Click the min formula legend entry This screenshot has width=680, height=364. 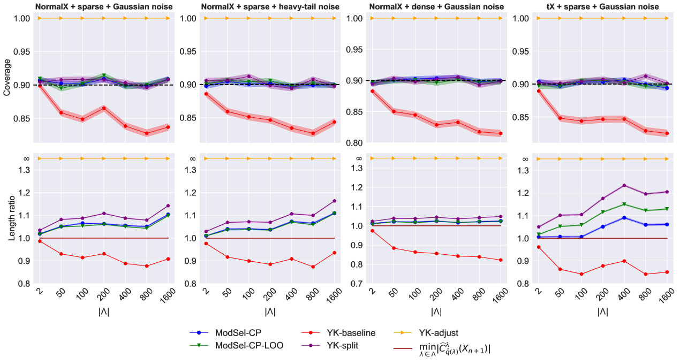click(455, 349)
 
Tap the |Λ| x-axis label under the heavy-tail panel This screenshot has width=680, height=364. click(269, 312)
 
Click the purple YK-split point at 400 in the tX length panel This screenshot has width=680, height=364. click(624, 185)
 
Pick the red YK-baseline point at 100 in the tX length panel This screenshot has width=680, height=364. click(581, 274)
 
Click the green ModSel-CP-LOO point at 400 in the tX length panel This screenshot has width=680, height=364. click(624, 204)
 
